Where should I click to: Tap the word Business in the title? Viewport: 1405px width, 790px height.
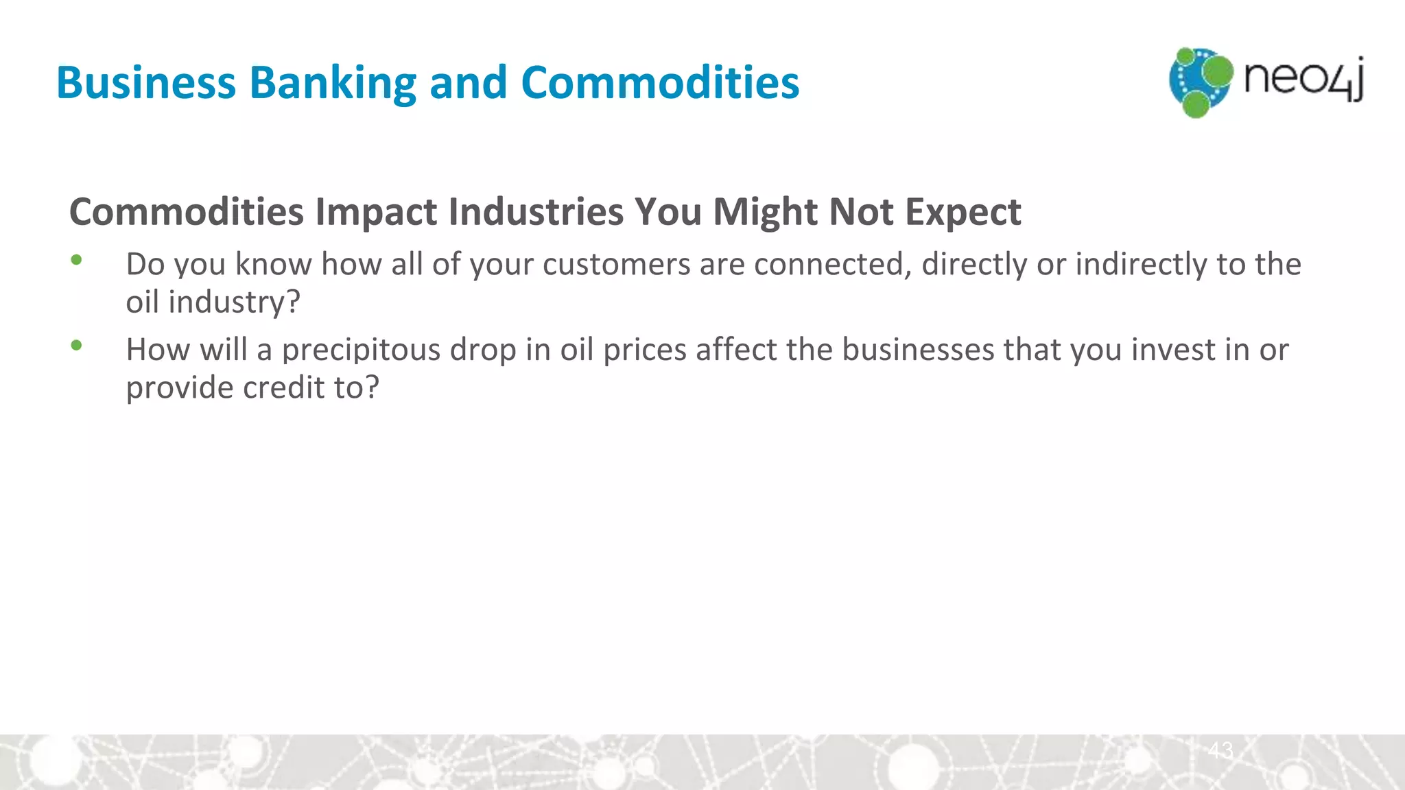(x=145, y=83)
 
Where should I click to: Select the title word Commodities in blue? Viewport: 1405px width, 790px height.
(x=660, y=83)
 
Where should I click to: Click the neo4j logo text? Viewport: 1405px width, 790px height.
(x=1303, y=79)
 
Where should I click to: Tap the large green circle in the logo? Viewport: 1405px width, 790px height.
(x=1218, y=71)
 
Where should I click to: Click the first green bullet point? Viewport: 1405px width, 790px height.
(x=76, y=260)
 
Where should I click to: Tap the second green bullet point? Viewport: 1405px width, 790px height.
(x=76, y=345)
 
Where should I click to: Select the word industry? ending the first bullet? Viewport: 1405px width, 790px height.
(x=234, y=302)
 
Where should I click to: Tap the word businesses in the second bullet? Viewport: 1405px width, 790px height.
(x=918, y=350)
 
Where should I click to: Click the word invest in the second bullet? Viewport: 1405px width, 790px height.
(x=1173, y=350)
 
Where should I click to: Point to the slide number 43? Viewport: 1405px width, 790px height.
(x=1220, y=750)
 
